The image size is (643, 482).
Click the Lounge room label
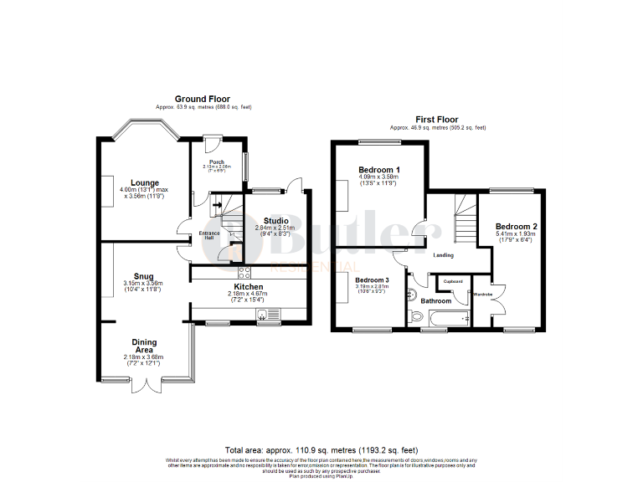click(144, 182)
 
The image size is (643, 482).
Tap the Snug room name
click(143, 276)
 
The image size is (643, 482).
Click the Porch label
click(216, 162)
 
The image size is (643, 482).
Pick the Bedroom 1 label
click(378, 169)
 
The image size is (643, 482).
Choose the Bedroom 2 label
click(516, 226)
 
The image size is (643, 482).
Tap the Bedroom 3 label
click(372, 279)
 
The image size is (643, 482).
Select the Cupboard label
click(453, 281)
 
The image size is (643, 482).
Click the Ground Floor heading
click(203, 99)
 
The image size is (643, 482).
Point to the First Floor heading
click(438, 119)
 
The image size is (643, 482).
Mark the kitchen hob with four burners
click(244, 272)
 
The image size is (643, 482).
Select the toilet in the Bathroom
click(416, 316)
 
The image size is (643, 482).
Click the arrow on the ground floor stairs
click(217, 203)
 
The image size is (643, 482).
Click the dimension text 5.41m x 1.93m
click(516, 233)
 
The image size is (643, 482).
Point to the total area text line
click(321, 450)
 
